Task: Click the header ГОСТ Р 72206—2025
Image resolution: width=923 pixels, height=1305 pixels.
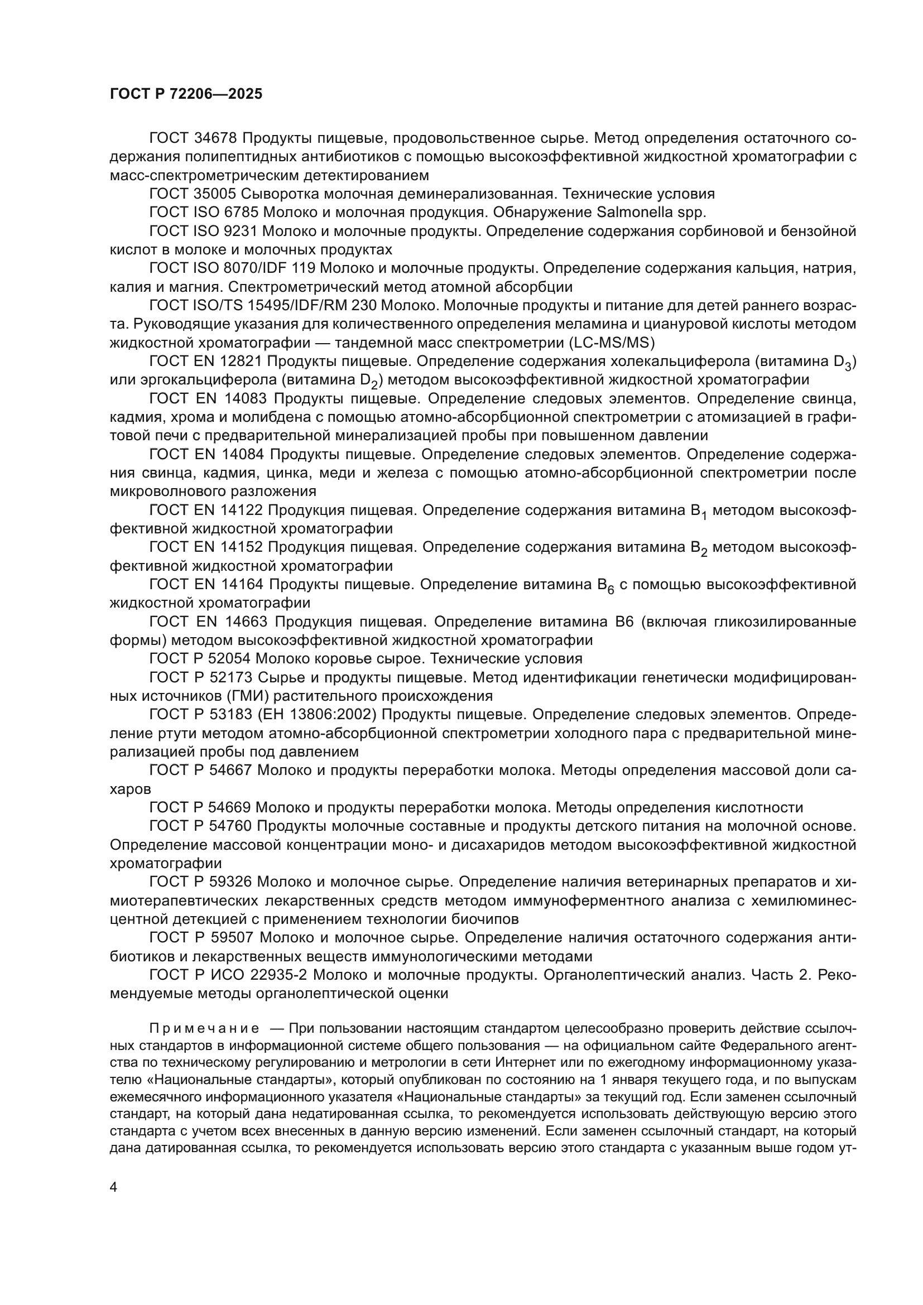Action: pos(186,94)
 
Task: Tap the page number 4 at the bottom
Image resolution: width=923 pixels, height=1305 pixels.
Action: pos(114,1187)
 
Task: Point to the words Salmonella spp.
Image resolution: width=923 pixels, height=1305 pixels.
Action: pos(652,213)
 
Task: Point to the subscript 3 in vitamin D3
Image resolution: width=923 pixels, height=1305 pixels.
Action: pos(848,367)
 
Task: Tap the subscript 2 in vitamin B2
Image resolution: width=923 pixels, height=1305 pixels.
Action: pos(704,553)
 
